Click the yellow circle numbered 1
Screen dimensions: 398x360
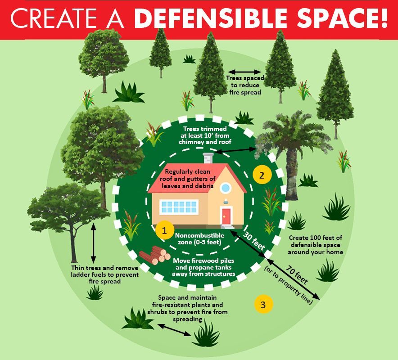point(165,230)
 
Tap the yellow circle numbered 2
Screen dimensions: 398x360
point(262,175)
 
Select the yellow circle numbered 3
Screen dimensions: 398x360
point(263,304)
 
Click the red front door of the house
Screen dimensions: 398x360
point(226,216)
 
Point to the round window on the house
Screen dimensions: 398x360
point(226,188)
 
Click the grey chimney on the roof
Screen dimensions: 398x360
point(208,158)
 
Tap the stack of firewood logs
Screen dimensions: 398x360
point(154,255)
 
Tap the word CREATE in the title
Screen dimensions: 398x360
point(53,18)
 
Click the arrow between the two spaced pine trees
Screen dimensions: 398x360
point(244,72)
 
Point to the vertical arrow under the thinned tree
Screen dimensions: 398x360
point(93,243)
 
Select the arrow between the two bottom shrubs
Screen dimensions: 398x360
point(174,330)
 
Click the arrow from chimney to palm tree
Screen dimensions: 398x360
point(236,150)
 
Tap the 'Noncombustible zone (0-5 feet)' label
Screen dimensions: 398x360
point(199,239)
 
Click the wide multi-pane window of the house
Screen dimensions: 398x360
point(179,207)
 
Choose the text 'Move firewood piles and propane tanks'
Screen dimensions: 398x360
point(204,264)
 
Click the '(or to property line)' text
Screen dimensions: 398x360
point(288,285)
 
